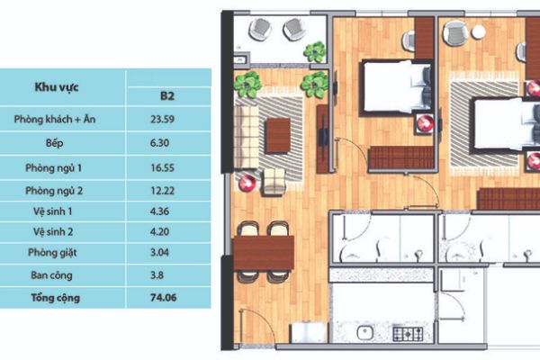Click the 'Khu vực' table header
(57, 87)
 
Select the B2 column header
(167, 96)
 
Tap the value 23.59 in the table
(163, 119)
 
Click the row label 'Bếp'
(54, 143)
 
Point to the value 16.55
(163, 167)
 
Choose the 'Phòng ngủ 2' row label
(54, 191)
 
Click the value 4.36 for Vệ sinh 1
(160, 211)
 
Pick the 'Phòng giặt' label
(52, 253)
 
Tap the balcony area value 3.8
(157, 275)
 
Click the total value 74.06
(164, 298)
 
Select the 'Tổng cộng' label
(56, 298)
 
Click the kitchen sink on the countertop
(365, 333)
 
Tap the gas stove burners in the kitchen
(408, 334)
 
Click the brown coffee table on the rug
(278, 135)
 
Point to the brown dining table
(264, 253)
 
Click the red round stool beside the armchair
(247, 184)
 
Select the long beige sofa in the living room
(247, 137)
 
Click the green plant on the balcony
(315, 51)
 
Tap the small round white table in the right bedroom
(479, 32)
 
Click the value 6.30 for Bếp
(160, 143)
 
